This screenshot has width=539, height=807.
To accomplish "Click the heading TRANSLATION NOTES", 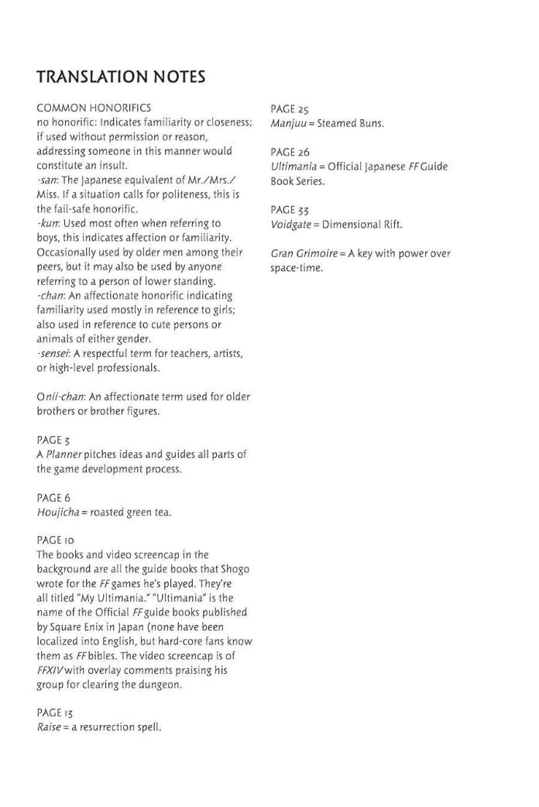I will click(120, 77).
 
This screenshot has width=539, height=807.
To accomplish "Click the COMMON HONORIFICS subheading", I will click(93, 108).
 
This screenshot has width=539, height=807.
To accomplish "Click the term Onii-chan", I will click(60, 397).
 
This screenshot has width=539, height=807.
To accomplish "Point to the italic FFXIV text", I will click(50, 670).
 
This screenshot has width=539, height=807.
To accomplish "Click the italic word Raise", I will click(49, 727).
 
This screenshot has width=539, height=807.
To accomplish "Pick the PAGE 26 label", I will click(290, 152).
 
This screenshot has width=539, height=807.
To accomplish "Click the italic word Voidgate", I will click(294, 225).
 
